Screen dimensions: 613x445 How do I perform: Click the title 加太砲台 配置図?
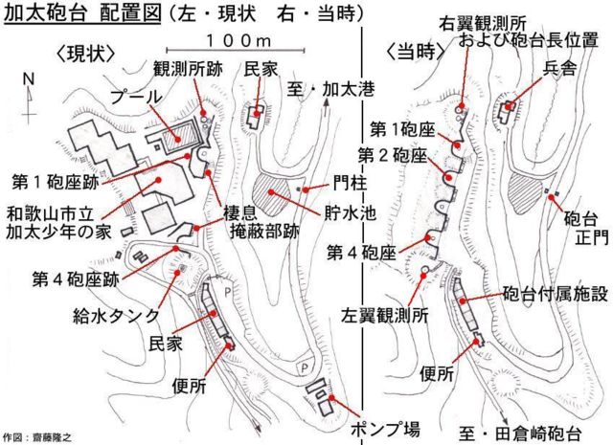click(x=82, y=13)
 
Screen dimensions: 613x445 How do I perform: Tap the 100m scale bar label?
click(x=238, y=40)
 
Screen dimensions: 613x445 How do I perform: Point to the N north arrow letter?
click(x=29, y=79)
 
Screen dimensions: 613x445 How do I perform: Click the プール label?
click(x=136, y=97)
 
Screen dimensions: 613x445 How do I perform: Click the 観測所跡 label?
click(x=188, y=69)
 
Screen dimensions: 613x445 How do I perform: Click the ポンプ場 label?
click(x=385, y=429)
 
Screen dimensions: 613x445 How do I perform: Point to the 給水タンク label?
click(x=116, y=316)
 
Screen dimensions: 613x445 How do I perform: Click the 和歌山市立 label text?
click(x=50, y=214)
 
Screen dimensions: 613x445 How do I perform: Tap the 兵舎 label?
click(x=559, y=68)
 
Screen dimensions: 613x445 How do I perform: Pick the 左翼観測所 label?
click(x=384, y=316)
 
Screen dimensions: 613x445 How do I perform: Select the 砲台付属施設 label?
click(x=556, y=294)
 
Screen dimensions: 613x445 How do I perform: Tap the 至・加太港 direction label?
click(x=331, y=89)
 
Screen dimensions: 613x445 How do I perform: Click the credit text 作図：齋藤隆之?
click(x=36, y=437)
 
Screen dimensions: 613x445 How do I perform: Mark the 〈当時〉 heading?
click(x=416, y=51)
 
